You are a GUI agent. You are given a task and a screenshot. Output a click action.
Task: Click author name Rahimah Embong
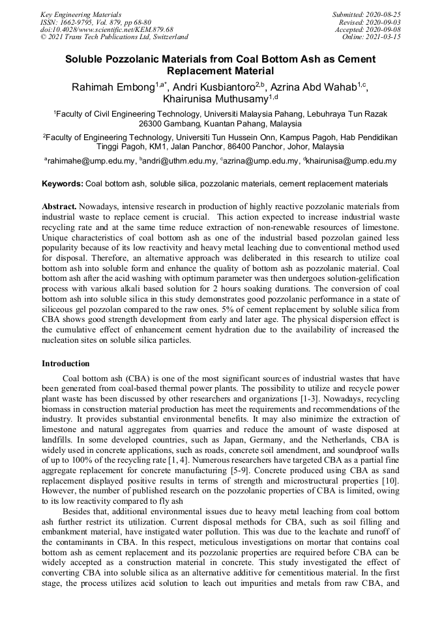[x=113, y=87]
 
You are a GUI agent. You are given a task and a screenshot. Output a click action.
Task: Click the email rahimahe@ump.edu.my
[x=91, y=161]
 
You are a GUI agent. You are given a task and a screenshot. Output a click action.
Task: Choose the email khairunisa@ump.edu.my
[x=353, y=161]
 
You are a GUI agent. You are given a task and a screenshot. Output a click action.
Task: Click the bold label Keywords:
[x=62, y=184]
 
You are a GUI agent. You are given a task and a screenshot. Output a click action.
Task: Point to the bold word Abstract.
[x=62, y=206]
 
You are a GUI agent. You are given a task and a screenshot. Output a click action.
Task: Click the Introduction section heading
[x=66, y=364]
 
